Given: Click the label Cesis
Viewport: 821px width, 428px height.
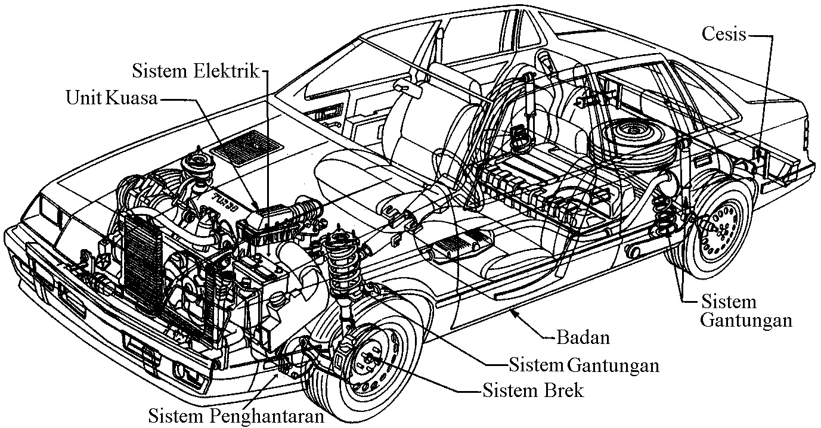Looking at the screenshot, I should pyautogui.click(x=723, y=34).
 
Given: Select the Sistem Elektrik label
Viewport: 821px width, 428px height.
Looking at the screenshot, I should pyautogui.click(x=196, y=71).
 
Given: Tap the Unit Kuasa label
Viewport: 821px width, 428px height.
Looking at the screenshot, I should pyautogui.click(x=111, y=98).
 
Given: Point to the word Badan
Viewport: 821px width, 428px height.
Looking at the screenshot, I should pyautogui.click(x=583, y=337).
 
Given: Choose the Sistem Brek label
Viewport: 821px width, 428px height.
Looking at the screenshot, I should pyautogui.click(x=533, y=391).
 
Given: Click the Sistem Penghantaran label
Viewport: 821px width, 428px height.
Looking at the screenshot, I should pyautogui.click(x=236, y=415).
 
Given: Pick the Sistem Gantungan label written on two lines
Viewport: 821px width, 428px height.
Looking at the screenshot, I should pyautogui.click(x=745, y=311).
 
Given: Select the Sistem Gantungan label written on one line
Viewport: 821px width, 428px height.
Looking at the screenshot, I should pyautogui.click(x=583, y=364).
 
